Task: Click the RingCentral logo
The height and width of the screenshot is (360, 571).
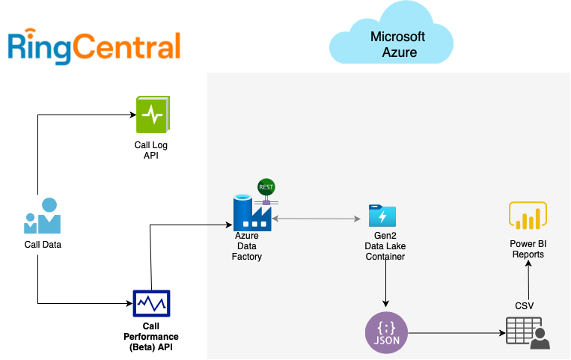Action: point(94,46)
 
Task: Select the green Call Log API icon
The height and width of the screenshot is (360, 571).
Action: point(153,115)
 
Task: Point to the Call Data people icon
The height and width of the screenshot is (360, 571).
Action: point(43,216)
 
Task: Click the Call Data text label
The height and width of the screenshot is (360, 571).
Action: point(43,244)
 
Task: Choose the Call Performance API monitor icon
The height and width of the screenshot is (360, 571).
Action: point(151,303)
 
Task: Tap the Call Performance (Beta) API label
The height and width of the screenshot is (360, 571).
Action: point(151,337)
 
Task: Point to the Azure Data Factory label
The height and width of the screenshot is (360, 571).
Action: point(247,246)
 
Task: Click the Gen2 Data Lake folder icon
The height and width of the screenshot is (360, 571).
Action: point(382,216)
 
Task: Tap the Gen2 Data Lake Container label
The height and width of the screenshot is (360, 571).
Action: point(385,246)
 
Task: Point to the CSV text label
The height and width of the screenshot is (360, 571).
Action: point(525,305)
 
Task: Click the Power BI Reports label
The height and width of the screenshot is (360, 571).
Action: point(528,249)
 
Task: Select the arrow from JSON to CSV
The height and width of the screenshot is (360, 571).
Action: point(453,332)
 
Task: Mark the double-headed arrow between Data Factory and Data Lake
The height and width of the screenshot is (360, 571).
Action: point(317,219)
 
